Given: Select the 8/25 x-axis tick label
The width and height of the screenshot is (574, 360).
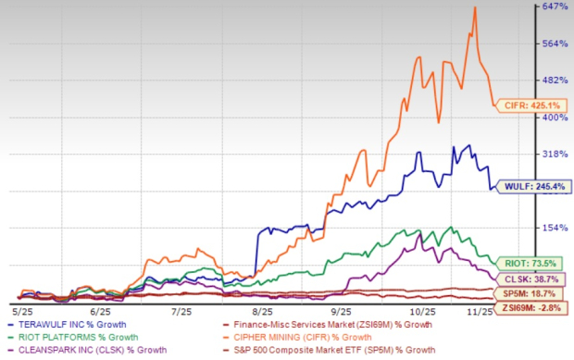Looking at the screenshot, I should (x=262, y=313).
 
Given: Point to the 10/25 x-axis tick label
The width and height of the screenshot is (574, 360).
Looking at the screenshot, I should (x=423, y=313).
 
